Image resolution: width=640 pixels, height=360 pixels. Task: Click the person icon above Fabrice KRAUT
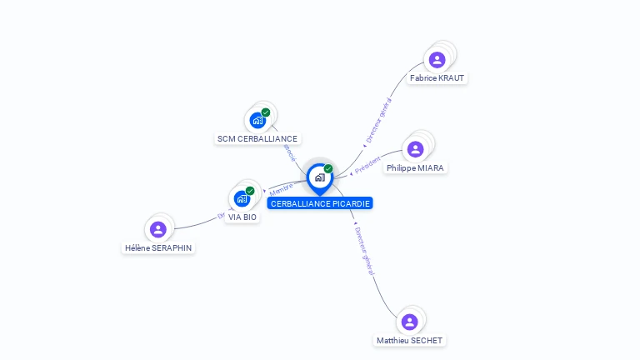pos(437,60)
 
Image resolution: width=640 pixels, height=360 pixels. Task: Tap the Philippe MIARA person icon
pos(415,149)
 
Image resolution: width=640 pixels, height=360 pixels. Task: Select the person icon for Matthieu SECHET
pos(409,322)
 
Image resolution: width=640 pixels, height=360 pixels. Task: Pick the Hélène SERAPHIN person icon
pos(158,229)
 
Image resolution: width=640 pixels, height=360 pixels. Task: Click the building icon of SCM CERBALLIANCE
pos(257,120)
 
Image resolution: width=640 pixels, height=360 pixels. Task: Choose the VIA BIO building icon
pos(242,198)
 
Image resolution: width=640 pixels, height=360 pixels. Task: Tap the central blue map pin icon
pos(319,177)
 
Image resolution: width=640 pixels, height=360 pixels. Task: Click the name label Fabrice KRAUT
pos(437,78)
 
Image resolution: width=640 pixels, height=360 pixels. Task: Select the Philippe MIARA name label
pos(416,167)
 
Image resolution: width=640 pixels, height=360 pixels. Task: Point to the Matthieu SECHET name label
pos(409,340)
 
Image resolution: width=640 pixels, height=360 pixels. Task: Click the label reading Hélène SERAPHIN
pos(158,247)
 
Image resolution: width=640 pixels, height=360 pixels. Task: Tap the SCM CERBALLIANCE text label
pos(257,139)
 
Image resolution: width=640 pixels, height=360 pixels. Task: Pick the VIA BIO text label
pos(242,217)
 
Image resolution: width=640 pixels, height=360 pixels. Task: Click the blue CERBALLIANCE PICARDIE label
pos(320,203)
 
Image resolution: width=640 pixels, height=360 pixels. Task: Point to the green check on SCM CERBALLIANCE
pos(266,112)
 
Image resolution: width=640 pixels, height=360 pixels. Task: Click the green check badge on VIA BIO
pos(250,191)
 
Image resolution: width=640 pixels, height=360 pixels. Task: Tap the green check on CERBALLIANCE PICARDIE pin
pos(328,168)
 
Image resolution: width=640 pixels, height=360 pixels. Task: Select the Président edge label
pos(367,165)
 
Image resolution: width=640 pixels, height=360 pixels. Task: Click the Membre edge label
pos(281,188)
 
